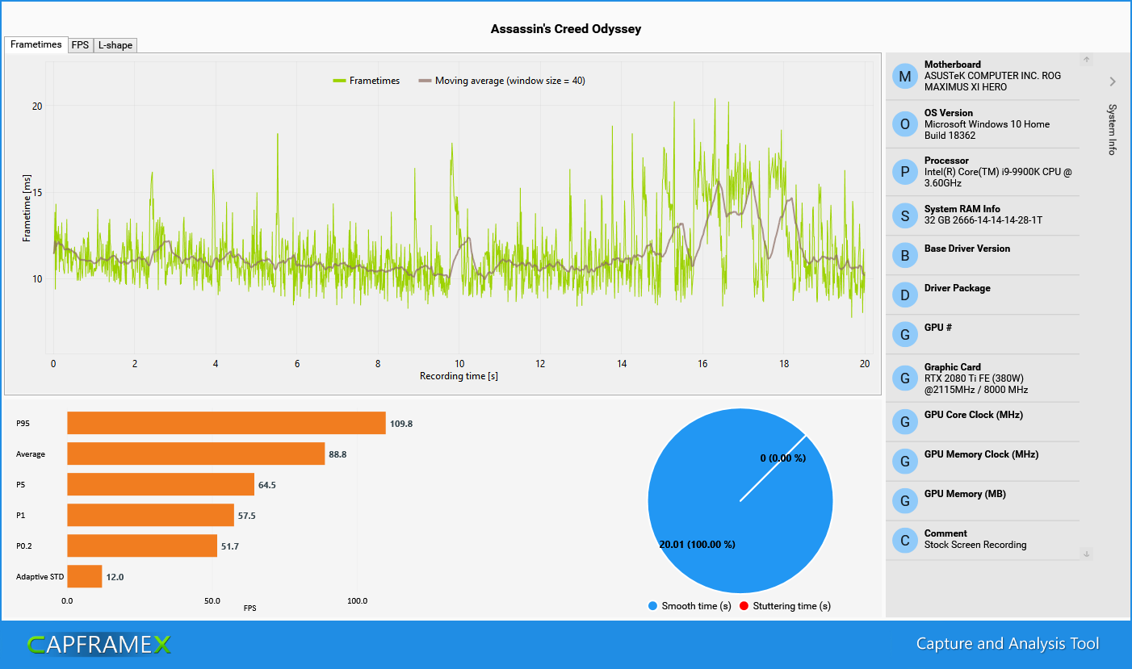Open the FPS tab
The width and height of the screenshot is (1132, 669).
click(x=80, y=45)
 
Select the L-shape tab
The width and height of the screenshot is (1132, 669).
click(x=115, y=45)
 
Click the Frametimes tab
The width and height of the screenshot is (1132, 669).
click(x=36, y=44)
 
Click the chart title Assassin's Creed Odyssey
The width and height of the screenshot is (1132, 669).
click(x=565, y=29)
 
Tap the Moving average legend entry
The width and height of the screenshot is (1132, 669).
click(x=501, y=81)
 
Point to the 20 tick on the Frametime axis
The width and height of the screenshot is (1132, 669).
click(x=37, y=106)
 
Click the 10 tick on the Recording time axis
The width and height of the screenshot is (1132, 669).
click(x=459, y=364)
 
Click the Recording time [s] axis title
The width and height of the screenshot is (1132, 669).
click(x=459, y=376)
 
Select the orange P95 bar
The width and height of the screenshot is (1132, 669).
click(x=226, y=423)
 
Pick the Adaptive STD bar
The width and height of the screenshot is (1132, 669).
click(x=84, y=576)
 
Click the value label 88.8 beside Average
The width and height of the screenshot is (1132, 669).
click(x=338, y=454)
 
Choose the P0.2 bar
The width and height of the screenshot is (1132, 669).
click(x=142, y=546)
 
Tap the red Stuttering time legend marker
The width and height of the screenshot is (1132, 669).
click(x=744, y=606)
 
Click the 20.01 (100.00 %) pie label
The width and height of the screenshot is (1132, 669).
click(x=697, y=544)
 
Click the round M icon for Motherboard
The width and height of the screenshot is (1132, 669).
click(x=904, y=76)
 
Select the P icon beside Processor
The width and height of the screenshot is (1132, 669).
click(x=904, y=172)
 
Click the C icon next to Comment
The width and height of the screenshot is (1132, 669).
click(x=904, y=540)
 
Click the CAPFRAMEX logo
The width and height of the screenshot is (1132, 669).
click(x=99, y=644)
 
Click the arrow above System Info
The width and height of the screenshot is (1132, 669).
click(x=1112, y=82)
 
